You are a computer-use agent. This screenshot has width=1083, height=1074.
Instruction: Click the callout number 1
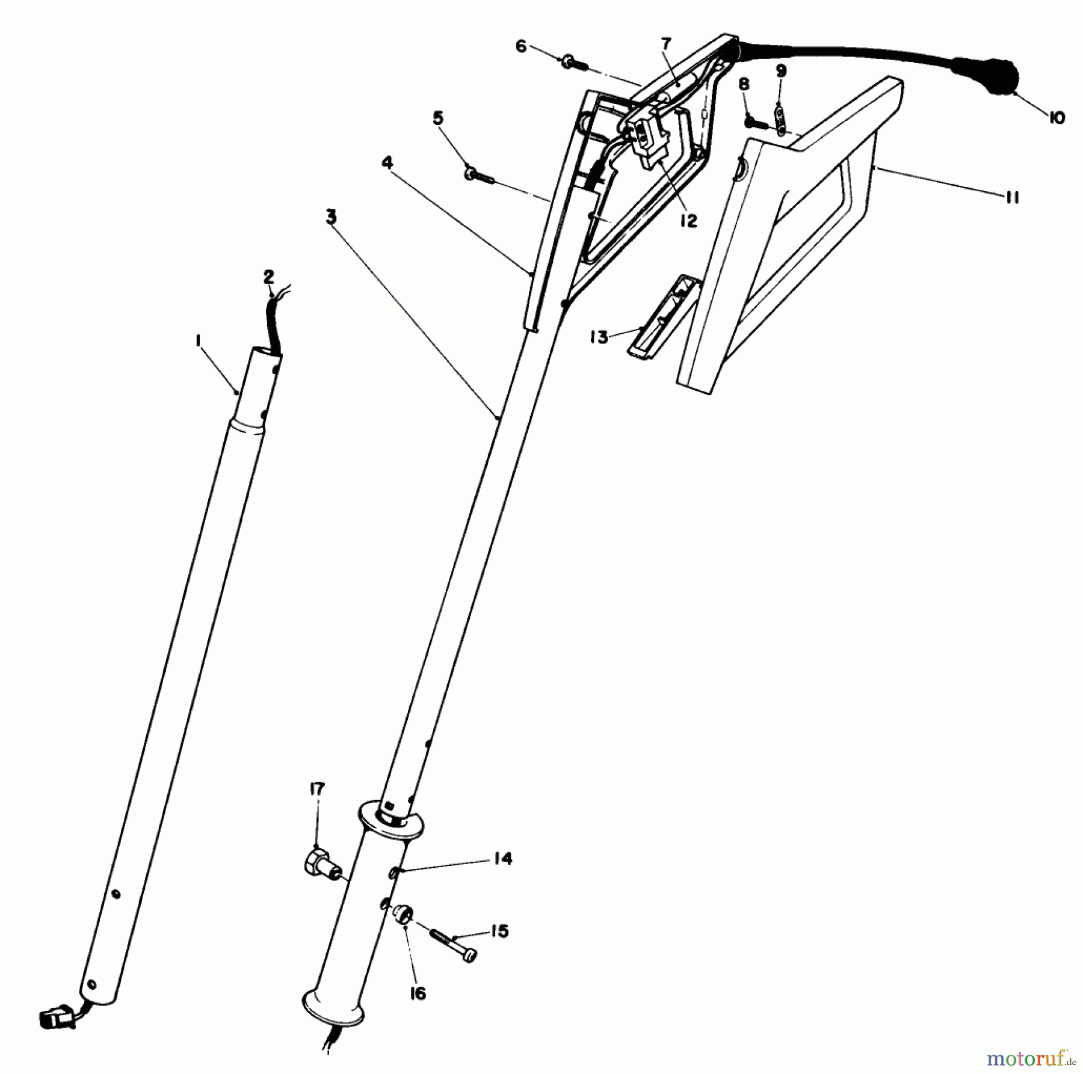click(x=197, y=341)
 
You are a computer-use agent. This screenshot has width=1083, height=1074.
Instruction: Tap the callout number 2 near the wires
click(x=268, y=277)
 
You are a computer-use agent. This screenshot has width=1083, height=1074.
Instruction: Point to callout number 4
click(x=387, y=162)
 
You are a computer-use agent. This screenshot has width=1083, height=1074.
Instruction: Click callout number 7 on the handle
click(x=665, y=44)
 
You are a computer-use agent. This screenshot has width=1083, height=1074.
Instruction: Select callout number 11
click(x=1012, y=198)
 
